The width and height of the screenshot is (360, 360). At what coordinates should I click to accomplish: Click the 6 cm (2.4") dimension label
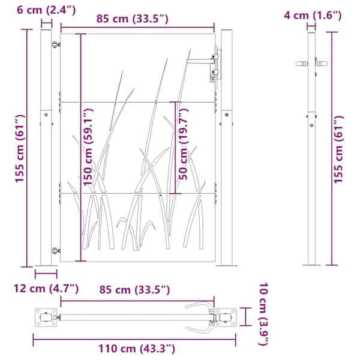click(x=46, y=10)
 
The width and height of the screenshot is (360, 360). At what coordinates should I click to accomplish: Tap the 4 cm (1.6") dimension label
click(x=313, y=16)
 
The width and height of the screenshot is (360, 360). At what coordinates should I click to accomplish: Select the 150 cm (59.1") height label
click(x=88, y=147)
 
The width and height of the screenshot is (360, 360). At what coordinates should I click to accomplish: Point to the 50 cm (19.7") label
click(x=183, y=144)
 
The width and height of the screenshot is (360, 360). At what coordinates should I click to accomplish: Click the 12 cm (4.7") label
click(x=46, y=289)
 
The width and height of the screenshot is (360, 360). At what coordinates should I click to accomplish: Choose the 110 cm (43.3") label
click(x=137, y=349)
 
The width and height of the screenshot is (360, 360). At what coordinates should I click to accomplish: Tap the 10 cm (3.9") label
click(x=263, y=314)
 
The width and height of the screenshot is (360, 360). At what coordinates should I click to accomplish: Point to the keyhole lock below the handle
click(x=213, y=79)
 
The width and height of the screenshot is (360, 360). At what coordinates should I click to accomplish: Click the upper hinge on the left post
click(x=55, y=44)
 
